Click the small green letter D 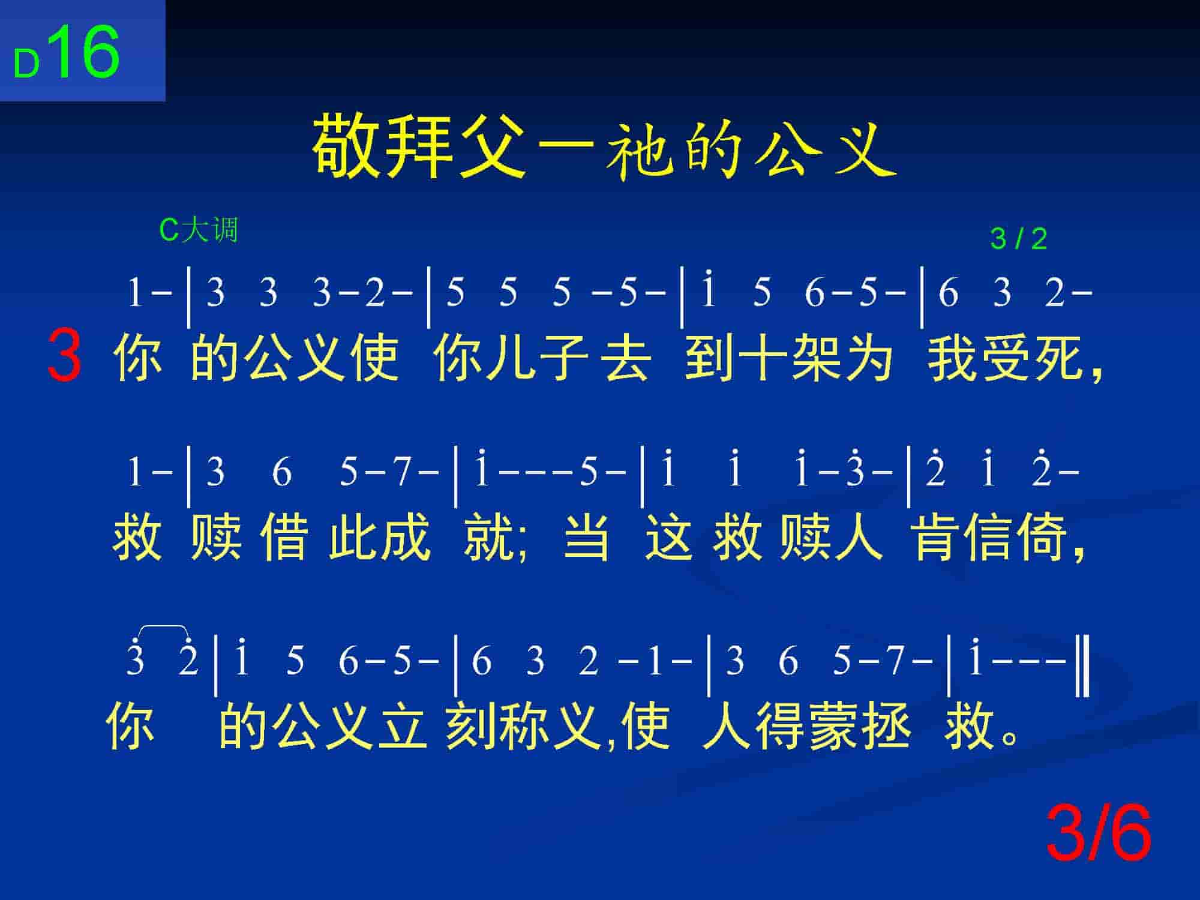click(26, 64)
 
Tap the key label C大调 click(199, 230)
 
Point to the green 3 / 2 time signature click(1018, 239)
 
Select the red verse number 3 click(64, 355)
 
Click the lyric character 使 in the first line click(375, 358)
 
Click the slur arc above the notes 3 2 click(163, 626)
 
